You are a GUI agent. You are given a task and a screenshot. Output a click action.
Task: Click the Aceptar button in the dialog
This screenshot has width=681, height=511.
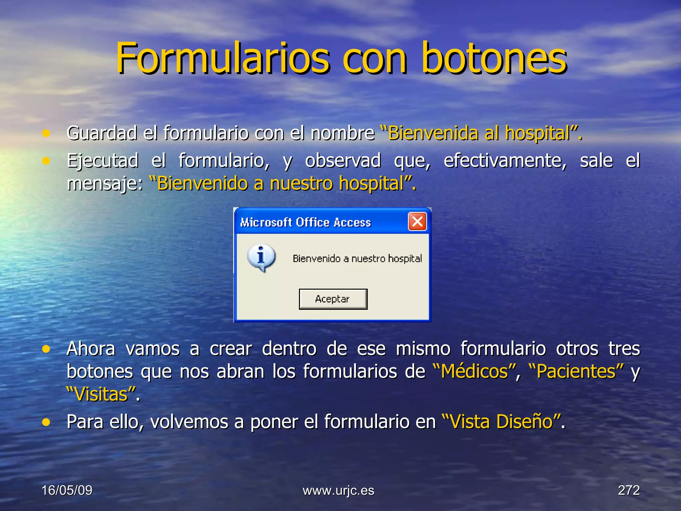coord(333,299)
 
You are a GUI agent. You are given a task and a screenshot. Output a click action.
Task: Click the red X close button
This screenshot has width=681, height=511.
coord(417,222)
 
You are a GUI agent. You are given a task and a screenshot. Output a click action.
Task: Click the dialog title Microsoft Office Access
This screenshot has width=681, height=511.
coord(305,222)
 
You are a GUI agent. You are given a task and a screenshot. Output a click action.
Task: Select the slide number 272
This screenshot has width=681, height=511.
coord(628,490)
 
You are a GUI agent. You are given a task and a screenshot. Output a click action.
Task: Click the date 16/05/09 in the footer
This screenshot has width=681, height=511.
coord(67,490)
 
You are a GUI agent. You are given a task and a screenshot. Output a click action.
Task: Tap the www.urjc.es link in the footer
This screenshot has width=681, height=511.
coord(339,490)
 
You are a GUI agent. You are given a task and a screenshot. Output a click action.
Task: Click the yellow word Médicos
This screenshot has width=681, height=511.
coord(475,371)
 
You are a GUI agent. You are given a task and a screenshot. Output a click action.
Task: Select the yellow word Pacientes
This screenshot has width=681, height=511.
coord(576,371)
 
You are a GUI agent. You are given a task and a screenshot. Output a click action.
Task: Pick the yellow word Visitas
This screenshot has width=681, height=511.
coord(101,395)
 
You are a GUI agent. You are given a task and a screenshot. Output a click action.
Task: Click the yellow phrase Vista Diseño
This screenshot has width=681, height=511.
coord(501,422)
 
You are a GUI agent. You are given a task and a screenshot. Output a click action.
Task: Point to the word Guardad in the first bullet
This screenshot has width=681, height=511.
coord(102,133)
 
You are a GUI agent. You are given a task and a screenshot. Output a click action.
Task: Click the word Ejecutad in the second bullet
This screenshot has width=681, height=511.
coord(102,161)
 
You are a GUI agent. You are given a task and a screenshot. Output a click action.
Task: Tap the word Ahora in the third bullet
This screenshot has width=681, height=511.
coord(91,349)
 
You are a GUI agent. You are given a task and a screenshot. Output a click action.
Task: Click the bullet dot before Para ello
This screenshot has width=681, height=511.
coord(46,422)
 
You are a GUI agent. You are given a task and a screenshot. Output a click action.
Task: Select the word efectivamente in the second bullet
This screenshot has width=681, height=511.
coord(505,161)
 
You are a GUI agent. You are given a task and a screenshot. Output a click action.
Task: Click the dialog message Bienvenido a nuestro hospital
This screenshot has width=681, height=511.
coord(357,258)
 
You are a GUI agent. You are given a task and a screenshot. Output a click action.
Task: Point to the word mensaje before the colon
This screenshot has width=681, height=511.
coord(102,184)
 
